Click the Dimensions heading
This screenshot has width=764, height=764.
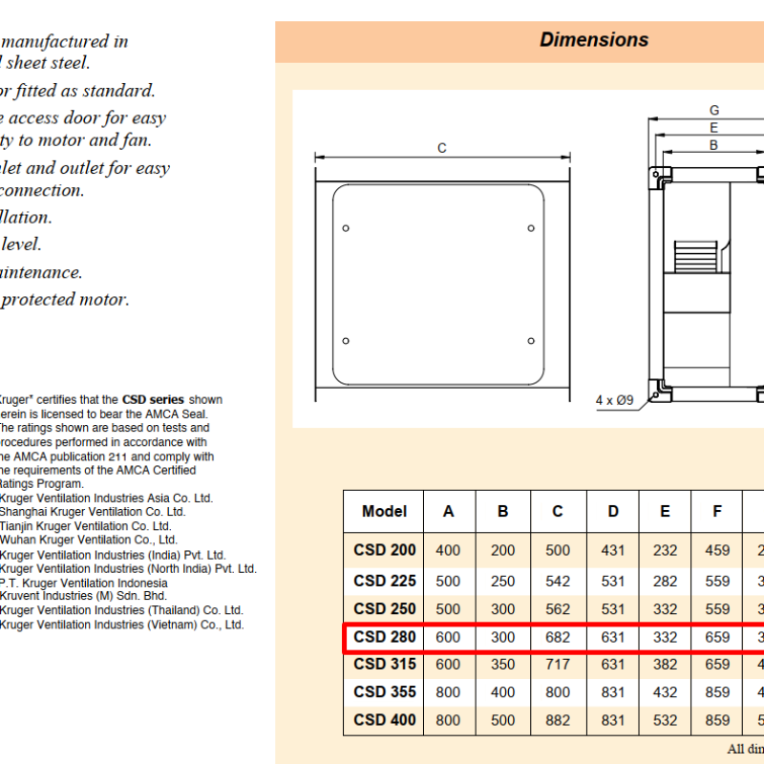coord(594,40)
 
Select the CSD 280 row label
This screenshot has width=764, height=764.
coord(385,637)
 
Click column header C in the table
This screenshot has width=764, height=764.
coord(558,512)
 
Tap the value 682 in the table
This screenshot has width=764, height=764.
coord(558,637)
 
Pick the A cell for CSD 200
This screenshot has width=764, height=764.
coord(448,550)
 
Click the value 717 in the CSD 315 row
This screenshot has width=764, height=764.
coord(558,665)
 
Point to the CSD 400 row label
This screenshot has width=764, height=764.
coord(385,720)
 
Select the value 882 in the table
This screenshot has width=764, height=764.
coord(558,720)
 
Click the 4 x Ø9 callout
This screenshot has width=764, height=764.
coord(615,400)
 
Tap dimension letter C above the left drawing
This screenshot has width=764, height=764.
coord(442,148)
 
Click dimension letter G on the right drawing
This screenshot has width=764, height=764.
coord(713,111)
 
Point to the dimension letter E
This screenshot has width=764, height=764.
coord(713,128)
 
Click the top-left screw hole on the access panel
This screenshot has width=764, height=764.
coord(346,227)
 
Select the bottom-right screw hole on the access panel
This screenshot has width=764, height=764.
coord(531,341)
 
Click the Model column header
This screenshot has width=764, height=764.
coord(385,512)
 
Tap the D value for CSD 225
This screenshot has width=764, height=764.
coord(613,581)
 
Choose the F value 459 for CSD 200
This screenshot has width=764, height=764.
coord(717,550)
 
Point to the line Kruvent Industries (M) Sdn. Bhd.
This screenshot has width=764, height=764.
coord(83,596)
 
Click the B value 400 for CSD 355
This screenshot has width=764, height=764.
coord(503,692)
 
